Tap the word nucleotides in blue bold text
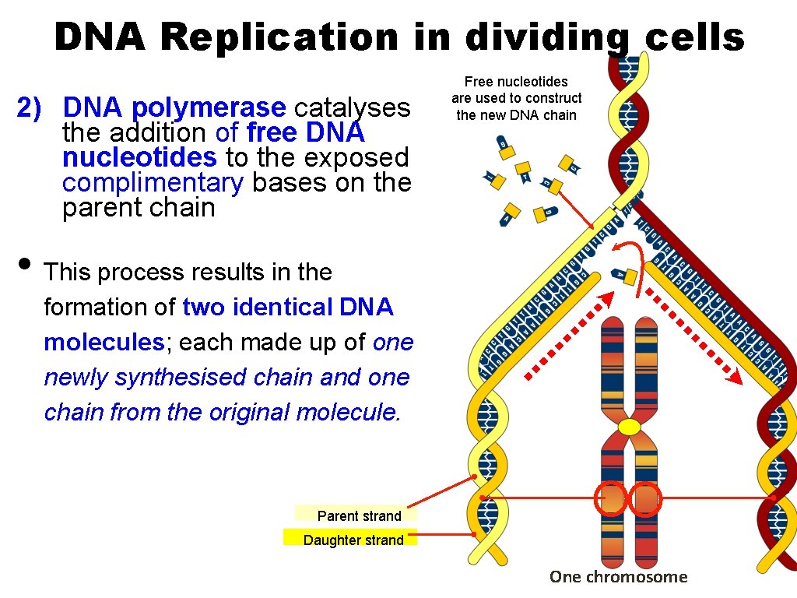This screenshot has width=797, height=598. (139, 157)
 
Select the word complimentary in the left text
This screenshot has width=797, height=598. (153, 182)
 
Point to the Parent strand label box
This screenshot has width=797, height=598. (357, 515)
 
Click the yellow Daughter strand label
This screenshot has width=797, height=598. (352, 539)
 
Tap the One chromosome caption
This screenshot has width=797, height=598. (619, 577)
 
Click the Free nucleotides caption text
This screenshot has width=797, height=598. (516, 98)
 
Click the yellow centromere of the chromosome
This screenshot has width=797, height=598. (629, 427)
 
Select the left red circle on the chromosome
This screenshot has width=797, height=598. (612, 498)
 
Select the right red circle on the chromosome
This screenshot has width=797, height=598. (645, 498)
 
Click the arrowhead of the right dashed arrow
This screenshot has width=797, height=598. (734, 378)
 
